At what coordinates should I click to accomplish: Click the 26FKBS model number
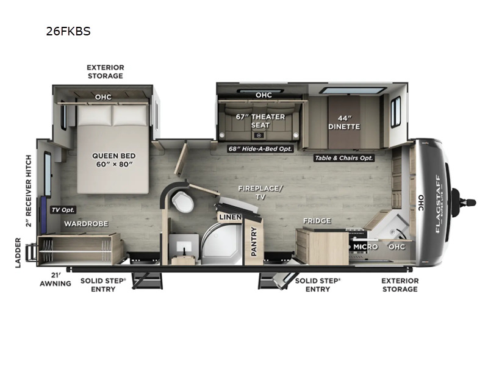coord(68,31)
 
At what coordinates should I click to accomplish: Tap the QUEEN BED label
coord(113,159)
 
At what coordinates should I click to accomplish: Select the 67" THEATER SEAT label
coord(260,120)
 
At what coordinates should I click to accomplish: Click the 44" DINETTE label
coord(345,122)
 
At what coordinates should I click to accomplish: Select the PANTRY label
coord(254,240)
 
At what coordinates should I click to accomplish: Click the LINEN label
coord(230,217)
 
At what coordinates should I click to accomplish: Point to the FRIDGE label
coord(317,221)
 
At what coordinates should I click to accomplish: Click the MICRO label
coord(365,246)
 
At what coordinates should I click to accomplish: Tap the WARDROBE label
coord(86,224)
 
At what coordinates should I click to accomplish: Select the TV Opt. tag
coord(62,210)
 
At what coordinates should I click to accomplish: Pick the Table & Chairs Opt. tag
coord(344,158)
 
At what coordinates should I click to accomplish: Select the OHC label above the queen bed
coord(103,96)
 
